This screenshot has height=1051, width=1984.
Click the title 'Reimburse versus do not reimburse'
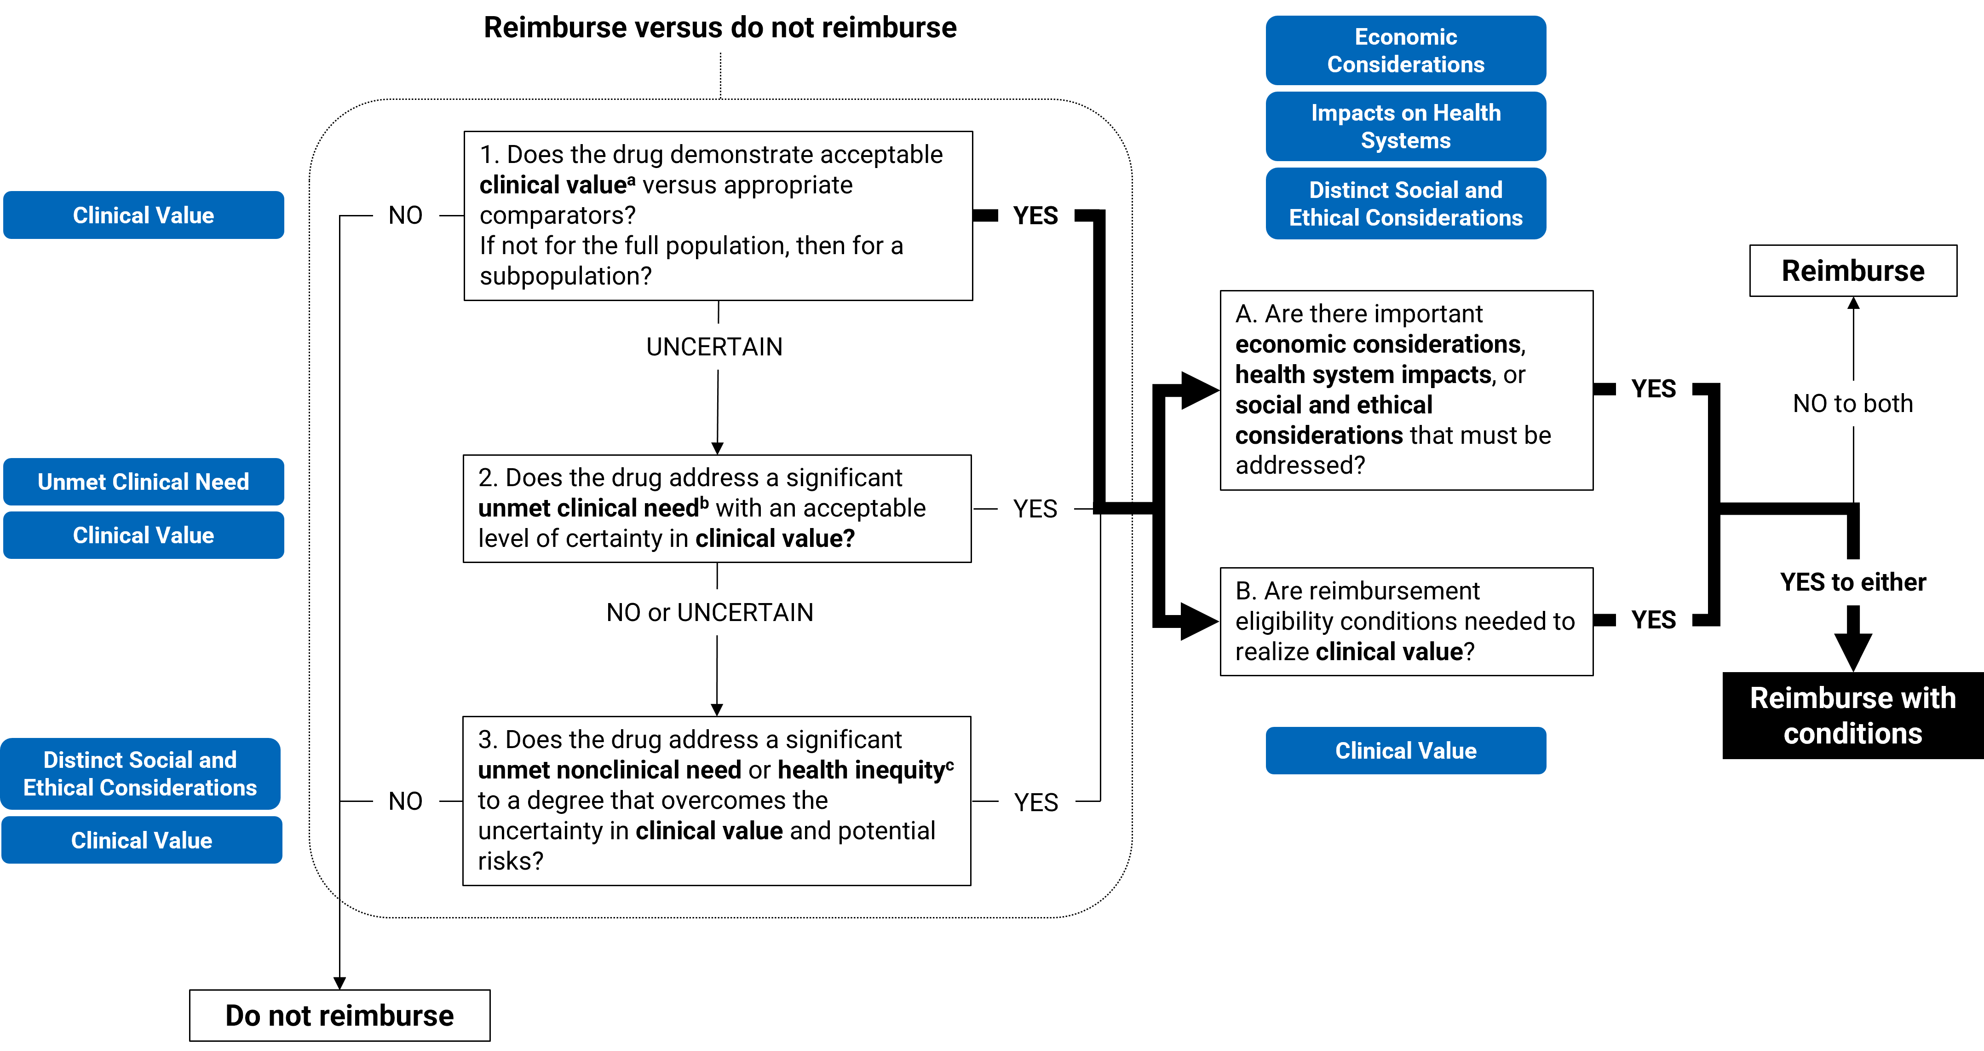719,28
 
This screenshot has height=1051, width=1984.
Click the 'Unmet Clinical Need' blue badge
143,482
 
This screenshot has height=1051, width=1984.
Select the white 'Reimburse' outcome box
1852,270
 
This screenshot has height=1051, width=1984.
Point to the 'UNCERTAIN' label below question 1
714,347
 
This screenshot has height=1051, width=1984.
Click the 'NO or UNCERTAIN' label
709,613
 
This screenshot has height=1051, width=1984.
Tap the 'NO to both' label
1852,403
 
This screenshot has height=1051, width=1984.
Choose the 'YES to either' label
1852,582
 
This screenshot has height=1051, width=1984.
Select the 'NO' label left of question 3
405,801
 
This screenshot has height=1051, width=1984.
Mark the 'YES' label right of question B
1653,620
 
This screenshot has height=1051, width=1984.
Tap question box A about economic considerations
1406,390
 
